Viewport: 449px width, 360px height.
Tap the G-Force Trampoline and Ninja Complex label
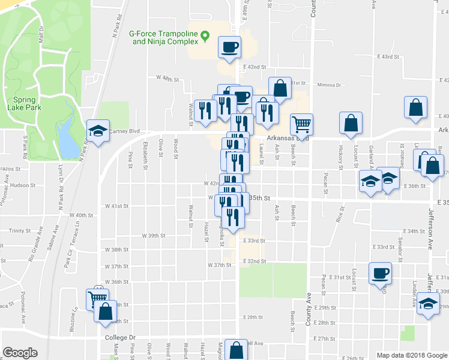click(x=164, y=38)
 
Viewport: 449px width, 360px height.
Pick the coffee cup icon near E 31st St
click(x=380, y=274)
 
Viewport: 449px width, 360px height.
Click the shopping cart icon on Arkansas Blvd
click(x=301, y=124)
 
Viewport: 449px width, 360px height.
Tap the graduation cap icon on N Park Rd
click(x=97, y=131)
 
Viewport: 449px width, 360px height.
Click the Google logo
click(x=20, y=353)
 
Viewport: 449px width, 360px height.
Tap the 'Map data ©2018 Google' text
click(x=411, y=355)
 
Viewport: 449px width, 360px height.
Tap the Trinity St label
click(x=20, y=230)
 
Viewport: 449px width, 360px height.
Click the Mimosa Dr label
click(x=328, y=85)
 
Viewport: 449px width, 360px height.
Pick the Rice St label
click(x=340, y=214)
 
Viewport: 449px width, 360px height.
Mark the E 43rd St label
click(x=388, y=56)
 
